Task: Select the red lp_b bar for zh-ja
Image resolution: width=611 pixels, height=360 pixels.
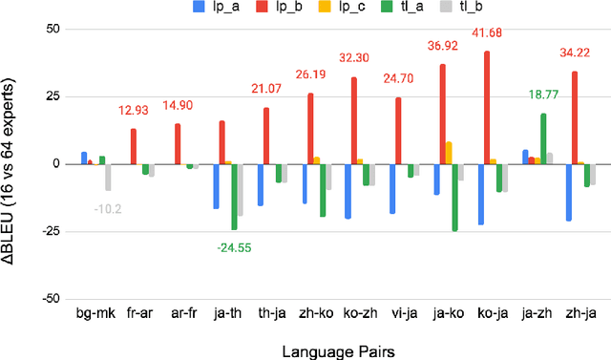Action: coord(575,117)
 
